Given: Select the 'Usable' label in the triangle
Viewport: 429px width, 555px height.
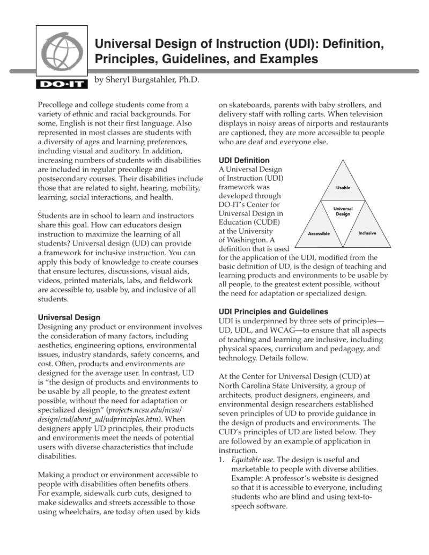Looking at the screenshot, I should point(343,188).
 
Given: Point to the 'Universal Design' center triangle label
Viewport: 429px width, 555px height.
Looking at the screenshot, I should point(343,211).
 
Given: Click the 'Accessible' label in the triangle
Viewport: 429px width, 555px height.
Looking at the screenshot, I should point(319,234).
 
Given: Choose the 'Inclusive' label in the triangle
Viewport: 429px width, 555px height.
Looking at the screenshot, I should point(367,233).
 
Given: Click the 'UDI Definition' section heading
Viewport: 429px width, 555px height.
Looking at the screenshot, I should point(244,160).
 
